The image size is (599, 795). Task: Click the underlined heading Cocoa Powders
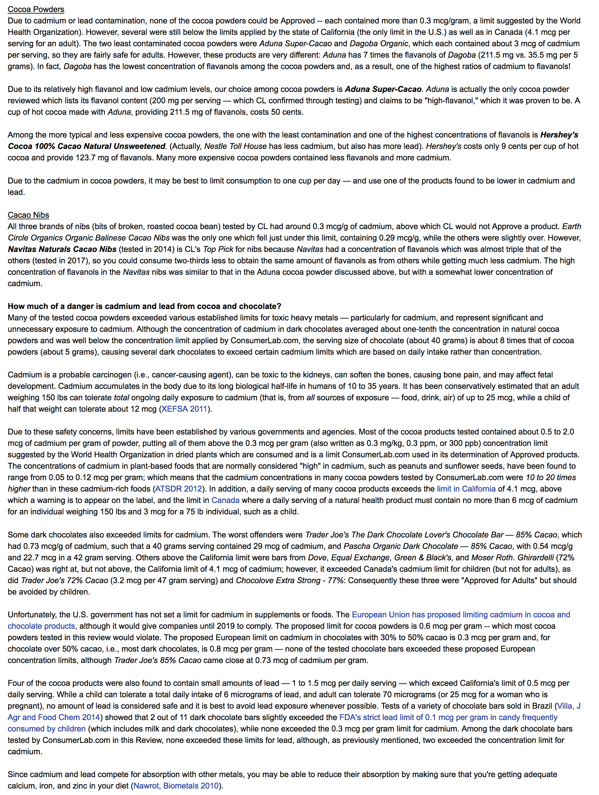point(36,9)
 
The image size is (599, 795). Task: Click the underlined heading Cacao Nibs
point(28,215)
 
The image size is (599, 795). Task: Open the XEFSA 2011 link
point(184,409)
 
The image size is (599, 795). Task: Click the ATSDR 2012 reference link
point(178,489)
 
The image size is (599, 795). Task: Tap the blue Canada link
point(225,500)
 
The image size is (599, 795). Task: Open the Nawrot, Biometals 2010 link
point(176,786)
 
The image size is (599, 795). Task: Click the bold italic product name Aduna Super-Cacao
point(383,89)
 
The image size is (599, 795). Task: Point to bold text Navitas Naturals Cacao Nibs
point(62,249)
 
